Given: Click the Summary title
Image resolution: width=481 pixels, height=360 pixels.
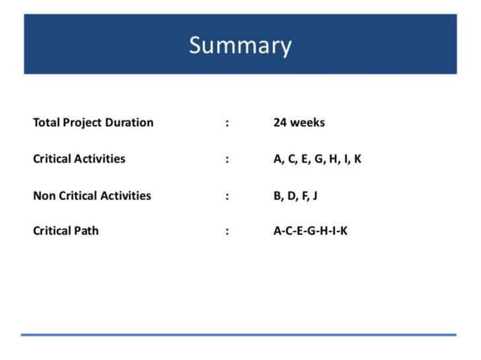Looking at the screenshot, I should pyautogui.click(x=240, y=45).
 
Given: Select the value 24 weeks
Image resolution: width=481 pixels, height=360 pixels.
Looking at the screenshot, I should pyautogui.click(x=299, y=122).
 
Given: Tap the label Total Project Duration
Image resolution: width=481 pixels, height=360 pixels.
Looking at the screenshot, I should pyautogui.click(x=93, y=122).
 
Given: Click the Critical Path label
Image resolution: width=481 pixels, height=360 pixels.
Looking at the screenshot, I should pyautogui.click(x=66, y=231).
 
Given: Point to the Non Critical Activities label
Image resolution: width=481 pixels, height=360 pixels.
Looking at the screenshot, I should pyautogui.click(x=92, y=196).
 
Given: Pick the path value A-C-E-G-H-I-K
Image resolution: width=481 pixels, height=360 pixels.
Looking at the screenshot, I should pyautogui.click(x=311, y=231).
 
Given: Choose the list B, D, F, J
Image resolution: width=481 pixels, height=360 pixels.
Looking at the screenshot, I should pyautogui.click(x=295, y=196).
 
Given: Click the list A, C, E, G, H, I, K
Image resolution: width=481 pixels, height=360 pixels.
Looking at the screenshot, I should pyautogui.click(x=317, y=159).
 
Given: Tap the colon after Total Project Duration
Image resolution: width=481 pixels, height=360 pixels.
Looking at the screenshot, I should pyautogui.click(x=227, y=123).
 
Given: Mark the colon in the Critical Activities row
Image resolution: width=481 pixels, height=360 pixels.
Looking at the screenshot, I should pyautogui.click(x=227, y=160).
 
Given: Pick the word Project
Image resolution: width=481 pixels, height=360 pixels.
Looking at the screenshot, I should pyautogui.click(x=81, y=123).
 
